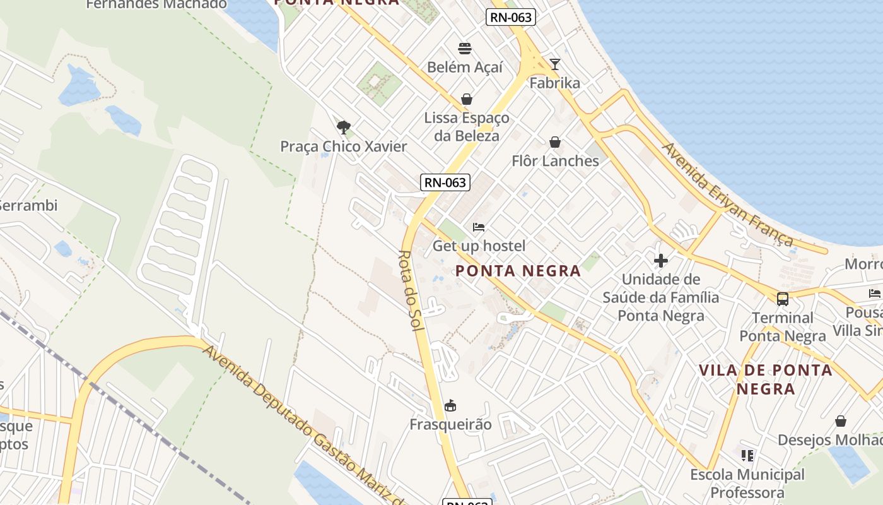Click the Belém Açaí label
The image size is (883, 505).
click(x=465, y=67)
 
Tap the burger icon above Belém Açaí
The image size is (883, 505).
click(x=465, y=49)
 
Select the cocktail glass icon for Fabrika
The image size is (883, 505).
click(x=555, y=64)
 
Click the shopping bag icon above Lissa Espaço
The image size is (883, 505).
click(x=467, y=99)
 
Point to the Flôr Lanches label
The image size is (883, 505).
click(x=555, y=161)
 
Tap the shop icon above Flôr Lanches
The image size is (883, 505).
click(x=555, y=143)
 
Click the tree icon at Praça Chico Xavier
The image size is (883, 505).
click(x=344, y=128)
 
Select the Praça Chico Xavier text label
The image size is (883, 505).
click(x=344, y=146)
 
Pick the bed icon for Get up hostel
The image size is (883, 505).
click(x=479, y=227)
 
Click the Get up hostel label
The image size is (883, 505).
click(x=479, y=246)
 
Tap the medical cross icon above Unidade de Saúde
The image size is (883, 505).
click(x=661, y=261)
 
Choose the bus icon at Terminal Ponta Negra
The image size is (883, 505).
click(x=783, y=299)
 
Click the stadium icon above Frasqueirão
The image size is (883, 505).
click(x=450, y=406)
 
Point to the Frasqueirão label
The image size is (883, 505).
click(x=450, y=424)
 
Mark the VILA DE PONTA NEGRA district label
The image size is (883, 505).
click(x=766, y=379)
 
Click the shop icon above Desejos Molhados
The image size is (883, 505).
click(x=841, y=421)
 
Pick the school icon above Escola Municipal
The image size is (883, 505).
click(x=747, y=456)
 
